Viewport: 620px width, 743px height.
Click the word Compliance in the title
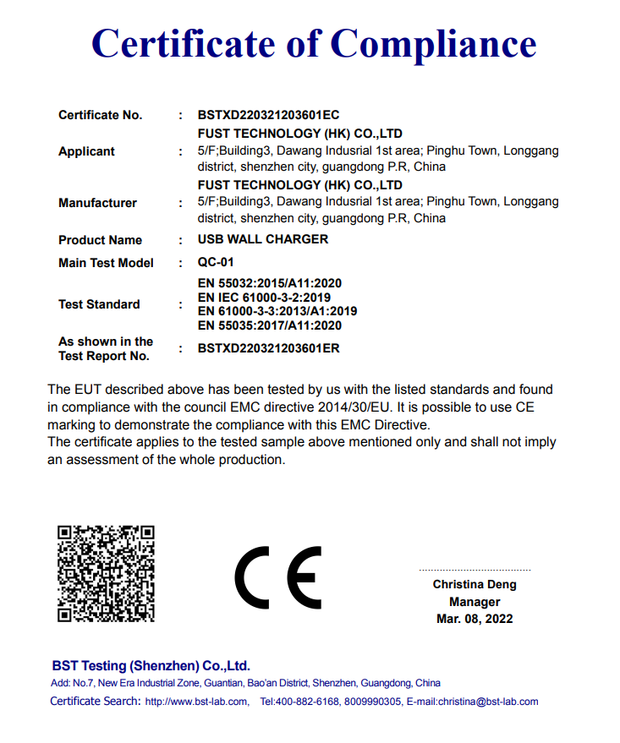click(x=433, y=43)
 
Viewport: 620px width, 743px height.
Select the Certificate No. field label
click(x=100, y=115)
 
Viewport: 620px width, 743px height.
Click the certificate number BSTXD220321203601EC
click(x=268, y=115)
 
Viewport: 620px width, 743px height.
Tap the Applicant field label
click(x=86, y=151)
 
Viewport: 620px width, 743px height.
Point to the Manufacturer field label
click(x=97, y=203)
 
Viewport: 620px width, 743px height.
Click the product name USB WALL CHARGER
click(x=262, y=239)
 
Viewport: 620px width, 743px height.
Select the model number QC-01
click(x=216, y=263)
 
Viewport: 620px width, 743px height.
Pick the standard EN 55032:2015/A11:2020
click(x=269, y=283)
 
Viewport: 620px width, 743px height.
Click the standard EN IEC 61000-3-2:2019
click(x=264, y=298)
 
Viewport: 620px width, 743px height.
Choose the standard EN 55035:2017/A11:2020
click(x=269, y=325)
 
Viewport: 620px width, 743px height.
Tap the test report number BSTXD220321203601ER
click(x=268, y=347)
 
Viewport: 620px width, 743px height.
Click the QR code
click(x=106, y=573)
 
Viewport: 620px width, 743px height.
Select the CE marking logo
click(x=277, y=578)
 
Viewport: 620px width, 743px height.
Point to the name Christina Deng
click(x=475, y=584)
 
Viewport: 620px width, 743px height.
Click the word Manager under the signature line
click(x=475, y=602)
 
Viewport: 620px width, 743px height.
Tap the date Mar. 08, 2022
click(x=475, y=619)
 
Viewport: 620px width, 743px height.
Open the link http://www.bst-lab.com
click(x=196, y=702)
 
